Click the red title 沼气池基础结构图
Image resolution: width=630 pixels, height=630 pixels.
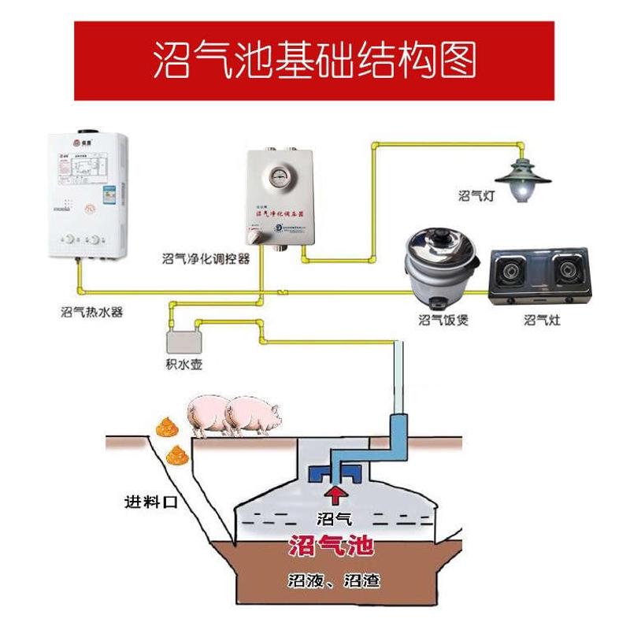tap(314, 60)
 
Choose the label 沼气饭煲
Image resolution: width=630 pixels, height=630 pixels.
tap(443, 320)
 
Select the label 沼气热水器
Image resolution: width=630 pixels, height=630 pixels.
tap(92, 312)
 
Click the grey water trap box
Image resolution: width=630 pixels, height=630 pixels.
tap(184, 343)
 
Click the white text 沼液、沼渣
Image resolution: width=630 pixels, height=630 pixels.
tap(334, 583)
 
